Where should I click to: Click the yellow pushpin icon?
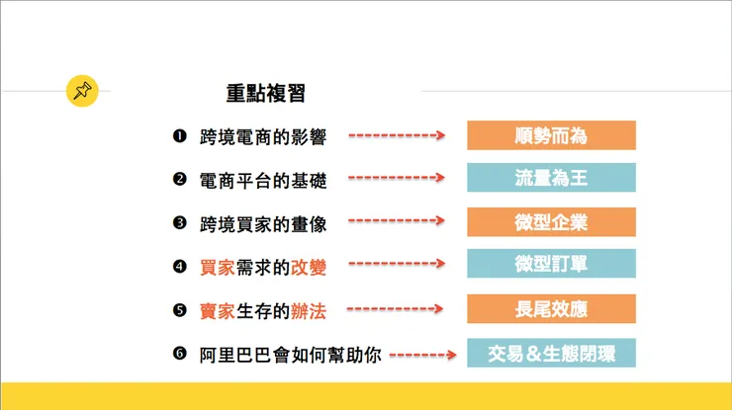point(82,91)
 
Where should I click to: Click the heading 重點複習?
point(265,94)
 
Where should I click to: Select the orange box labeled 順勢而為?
point(551,135)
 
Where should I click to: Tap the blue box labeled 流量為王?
point(551,179)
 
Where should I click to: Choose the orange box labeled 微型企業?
point(551,222)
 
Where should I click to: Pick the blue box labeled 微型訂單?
point(551,265)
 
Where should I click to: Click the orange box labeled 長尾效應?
point(551,308)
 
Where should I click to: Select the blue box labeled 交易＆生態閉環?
point(551,353)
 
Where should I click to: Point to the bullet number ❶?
point(179,135)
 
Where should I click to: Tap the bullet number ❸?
point(179,222)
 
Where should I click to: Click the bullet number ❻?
point(179,353)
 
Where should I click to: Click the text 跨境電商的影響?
point(262,136)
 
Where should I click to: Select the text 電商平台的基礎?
point(262,180)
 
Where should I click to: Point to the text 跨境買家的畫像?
point(262,223)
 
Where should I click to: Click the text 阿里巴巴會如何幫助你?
point(290,354)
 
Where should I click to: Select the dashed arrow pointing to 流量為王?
point(397,179)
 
